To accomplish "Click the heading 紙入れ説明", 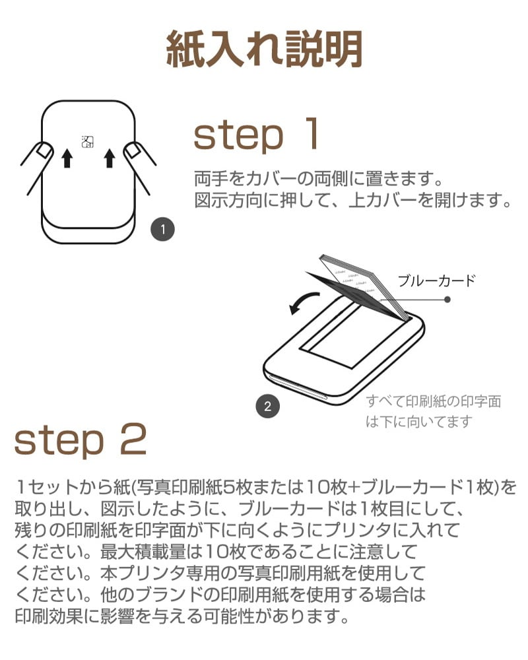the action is click(264, 49).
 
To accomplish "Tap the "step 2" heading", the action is click(80, 441).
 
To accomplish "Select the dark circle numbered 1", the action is click(162, 230).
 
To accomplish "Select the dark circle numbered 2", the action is click(267, 406).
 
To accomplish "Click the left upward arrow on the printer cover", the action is click(66, 158).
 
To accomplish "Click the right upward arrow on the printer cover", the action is click(110, 158).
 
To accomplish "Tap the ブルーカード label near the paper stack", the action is click(436, 280).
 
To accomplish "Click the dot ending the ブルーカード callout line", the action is click(447, 299).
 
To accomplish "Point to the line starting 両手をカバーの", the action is click(317, 178).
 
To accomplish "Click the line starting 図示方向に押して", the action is click(353, 200).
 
